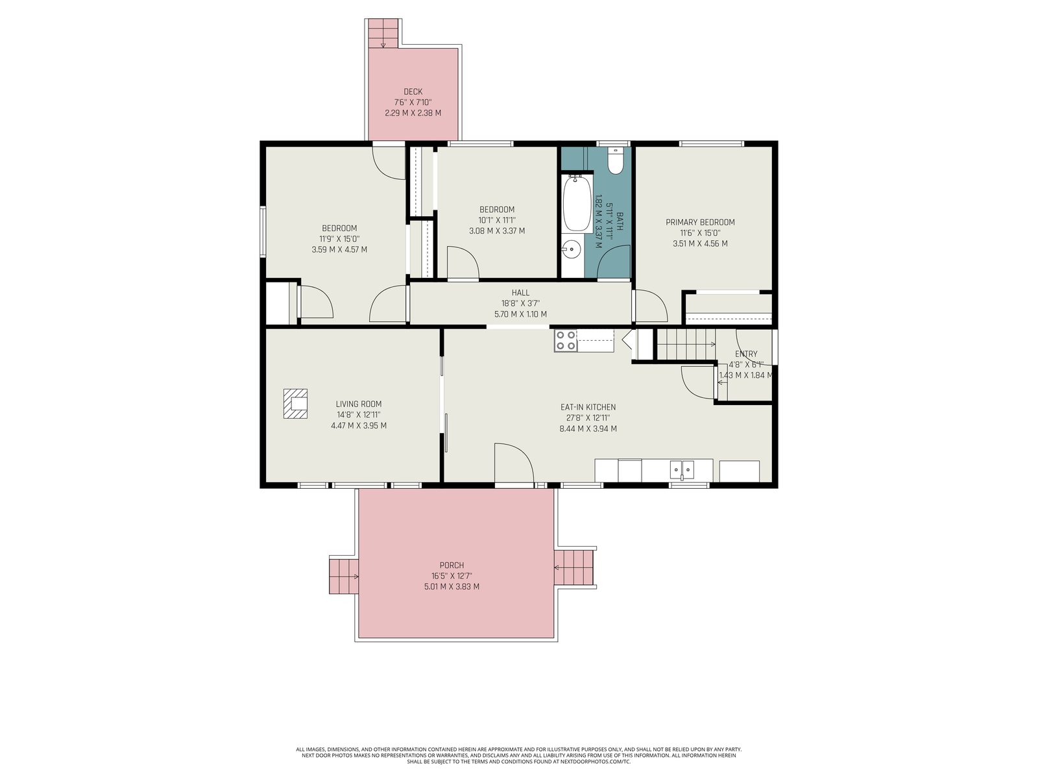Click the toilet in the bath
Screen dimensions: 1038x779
click(615, 160)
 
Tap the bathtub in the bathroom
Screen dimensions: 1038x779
click(577, 203)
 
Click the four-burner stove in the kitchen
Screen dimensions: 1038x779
click(566, 341)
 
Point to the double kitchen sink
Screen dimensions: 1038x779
click(681, 469)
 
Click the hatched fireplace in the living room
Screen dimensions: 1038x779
click(296, 403)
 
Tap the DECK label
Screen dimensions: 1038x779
click(413, 92)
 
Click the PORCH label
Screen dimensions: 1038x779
click(452, 565)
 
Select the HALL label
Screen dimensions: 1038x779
click(520, 293)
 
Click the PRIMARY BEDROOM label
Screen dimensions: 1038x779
click(700, 222)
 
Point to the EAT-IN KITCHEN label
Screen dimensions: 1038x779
click(588, 407)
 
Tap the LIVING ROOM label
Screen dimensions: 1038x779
click(359, 404)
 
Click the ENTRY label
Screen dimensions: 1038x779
click(746, 354)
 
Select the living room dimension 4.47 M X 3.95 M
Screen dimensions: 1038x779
click(359, 426)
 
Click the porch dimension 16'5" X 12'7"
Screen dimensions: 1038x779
click(452, 576)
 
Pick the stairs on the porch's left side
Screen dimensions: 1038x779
click(344, 576)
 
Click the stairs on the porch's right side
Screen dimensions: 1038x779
click(573, 567)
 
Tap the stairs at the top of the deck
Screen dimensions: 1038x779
click(383, 33)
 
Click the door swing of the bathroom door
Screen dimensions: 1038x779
click(614, 262)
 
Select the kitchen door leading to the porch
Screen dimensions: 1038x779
click(514, 463)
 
